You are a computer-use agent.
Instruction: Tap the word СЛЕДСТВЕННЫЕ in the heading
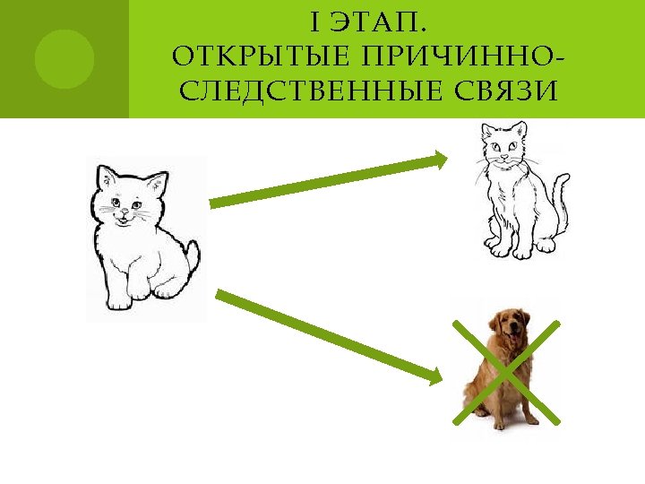[x=285, y=92]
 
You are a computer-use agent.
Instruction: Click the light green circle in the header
[x=64, y=59]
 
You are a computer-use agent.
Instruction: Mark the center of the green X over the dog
[x=506, y=371]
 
